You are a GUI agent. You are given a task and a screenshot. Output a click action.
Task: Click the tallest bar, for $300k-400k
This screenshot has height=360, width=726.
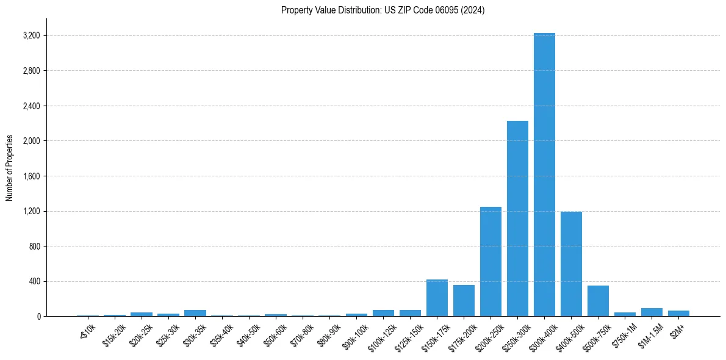click(544, 177)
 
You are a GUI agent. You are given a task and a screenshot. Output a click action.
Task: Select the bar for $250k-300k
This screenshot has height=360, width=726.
click(517, 220)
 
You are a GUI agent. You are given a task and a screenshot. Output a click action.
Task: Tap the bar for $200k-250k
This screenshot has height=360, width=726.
click(491, 262)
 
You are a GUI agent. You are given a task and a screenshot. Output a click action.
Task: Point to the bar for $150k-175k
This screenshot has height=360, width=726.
click(437, 299)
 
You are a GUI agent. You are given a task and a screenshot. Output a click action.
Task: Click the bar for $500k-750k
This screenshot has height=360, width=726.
click(598, 302)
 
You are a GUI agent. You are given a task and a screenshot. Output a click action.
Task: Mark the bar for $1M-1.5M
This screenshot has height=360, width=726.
click(652, 312)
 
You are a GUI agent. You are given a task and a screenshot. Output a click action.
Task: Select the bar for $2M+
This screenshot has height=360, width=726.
click(678, 314)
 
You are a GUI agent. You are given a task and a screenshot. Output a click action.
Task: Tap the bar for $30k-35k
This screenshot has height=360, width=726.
click(195, 313)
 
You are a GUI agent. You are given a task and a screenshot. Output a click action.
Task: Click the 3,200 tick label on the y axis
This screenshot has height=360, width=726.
click(31, 35)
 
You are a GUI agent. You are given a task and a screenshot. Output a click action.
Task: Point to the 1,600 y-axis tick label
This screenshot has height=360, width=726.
click(31, 176)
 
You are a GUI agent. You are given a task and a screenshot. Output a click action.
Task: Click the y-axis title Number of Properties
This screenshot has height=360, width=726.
click(9, 168)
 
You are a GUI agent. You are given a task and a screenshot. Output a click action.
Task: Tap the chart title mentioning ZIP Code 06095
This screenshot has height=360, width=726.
click(383, 10)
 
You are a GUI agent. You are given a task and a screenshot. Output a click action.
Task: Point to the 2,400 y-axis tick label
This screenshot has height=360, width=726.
click(31, 106)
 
